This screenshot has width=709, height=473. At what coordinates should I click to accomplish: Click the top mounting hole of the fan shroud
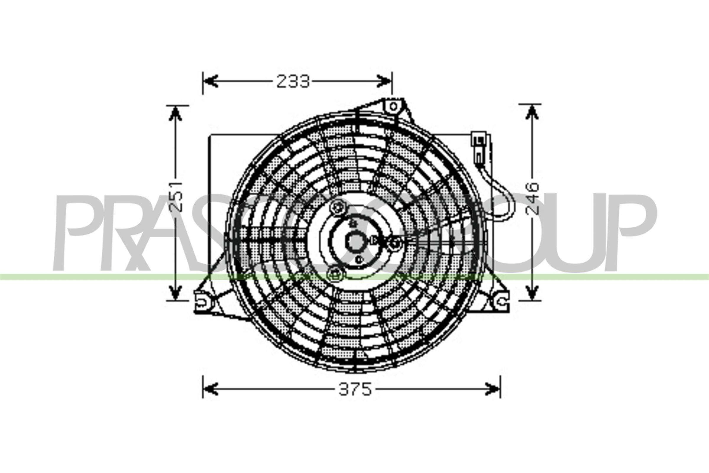[x=393, y=106]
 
